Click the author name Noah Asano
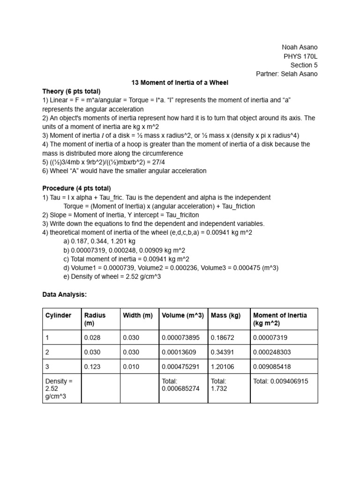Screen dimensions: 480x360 (300, 47)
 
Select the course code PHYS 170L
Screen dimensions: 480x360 (301, 56)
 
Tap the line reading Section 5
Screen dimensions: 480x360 (304, 65)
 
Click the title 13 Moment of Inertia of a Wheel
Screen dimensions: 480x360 (180, 83)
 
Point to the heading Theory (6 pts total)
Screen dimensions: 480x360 (71, 91)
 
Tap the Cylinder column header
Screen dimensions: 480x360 (59, 315)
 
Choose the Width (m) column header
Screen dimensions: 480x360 (138, 315)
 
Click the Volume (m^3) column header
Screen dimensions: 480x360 (183, 315)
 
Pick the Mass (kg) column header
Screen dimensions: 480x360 (226, 315)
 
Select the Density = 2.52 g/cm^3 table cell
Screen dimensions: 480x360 (59, 389)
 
